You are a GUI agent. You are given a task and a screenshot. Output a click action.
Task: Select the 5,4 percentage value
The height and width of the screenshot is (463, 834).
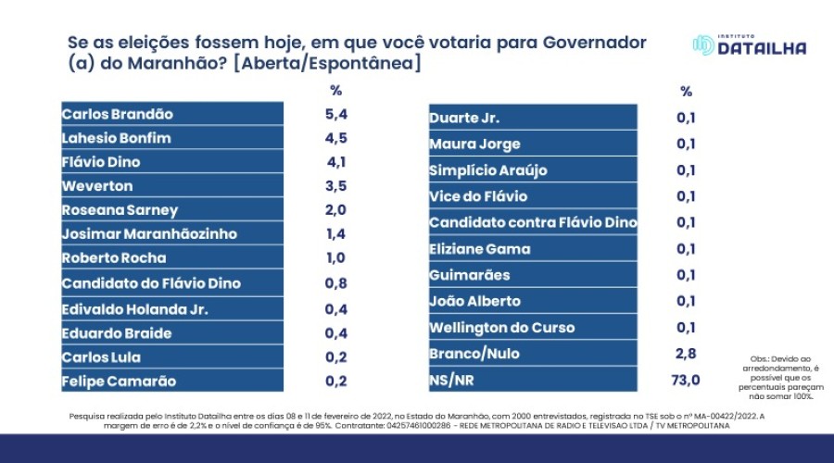pos(335,115)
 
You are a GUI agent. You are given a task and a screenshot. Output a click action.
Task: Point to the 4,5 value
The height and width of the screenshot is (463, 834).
pos(335,139)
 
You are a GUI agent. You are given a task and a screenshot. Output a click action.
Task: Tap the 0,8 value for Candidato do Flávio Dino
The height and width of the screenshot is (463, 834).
pos(335,283)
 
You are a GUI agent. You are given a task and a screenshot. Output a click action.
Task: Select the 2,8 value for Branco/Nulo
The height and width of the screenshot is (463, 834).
pos(686,354)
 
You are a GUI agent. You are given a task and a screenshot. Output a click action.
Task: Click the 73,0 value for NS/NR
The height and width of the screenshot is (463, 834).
pos(686,380)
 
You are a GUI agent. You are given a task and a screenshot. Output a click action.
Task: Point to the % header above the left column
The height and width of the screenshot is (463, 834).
pos(335,91)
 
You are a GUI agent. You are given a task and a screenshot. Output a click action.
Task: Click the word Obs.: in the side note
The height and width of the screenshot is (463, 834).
pos(757,358)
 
